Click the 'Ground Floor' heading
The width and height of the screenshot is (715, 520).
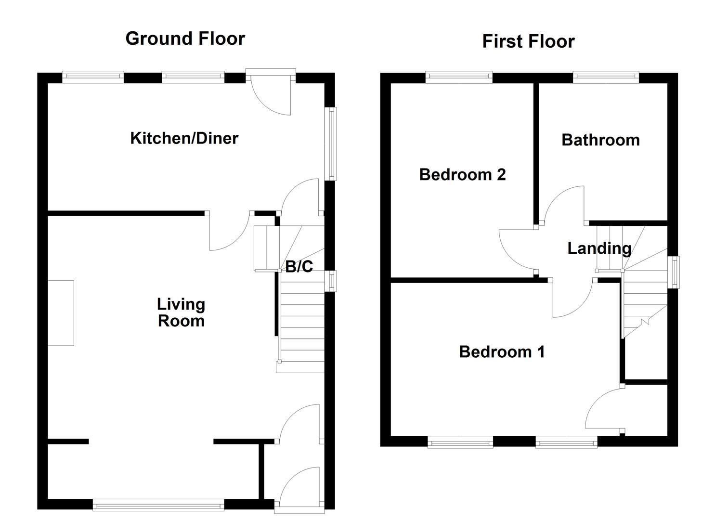pos(185,39)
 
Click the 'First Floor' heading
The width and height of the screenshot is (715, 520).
pos(528,41)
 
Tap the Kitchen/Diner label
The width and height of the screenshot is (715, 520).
pos(184,138)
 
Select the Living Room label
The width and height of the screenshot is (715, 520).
pos(181,312)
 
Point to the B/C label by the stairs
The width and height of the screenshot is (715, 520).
pos(299,266)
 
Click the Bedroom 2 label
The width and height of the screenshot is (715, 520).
pos(462,174)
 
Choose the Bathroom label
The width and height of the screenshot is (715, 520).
pos(600,140)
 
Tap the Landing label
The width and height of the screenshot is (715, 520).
pos(599,248)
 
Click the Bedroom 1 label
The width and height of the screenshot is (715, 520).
pos(502,352)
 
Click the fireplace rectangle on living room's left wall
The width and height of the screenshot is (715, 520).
pos(61,313)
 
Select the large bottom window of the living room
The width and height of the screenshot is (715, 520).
pos(158,506)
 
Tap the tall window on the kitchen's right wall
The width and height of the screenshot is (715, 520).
pos(331,143)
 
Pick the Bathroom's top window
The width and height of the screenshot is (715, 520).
pos(606,76)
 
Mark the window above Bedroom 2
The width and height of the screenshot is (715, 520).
pos(459,76)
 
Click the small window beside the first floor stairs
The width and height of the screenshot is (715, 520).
pos(675,272)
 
